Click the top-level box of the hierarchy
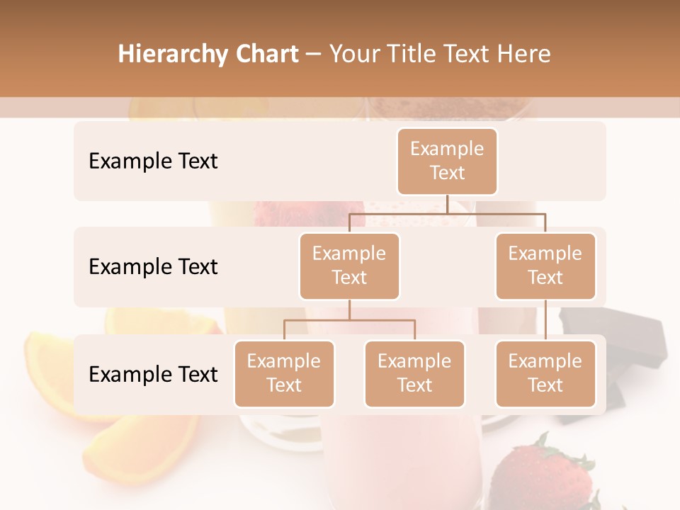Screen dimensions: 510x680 [x=447, y=161]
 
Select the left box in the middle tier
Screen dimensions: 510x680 [x=349, y=266]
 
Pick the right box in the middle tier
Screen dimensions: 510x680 [x=545, y=266]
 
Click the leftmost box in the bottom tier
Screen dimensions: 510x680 [x=284, y=373]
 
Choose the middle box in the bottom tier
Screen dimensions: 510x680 [x=414, y=373]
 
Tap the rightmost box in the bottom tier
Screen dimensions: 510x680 [x=545, y=373]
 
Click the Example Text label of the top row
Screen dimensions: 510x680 [x=153, y=161]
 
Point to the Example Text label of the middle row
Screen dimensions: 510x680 [x=153, y=267]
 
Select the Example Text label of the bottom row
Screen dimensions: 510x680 [x=153, y=375]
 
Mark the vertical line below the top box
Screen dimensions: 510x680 [x=447, y=204]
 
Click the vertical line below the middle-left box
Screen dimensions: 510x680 [x=349, y=310]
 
